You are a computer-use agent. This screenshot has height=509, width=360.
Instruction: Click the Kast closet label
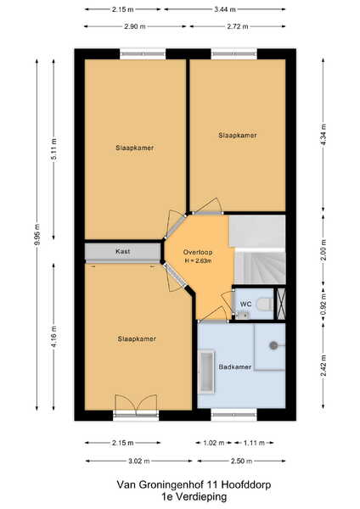[x=123, y=251]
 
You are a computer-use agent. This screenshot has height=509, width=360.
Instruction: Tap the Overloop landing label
[x=198, y=252]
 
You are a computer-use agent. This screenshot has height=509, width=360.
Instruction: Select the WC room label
[x=245, y=305]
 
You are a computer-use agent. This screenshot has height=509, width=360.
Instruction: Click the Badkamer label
[x=235, y=367]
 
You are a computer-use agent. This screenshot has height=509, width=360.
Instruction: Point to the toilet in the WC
[x=265, y=305]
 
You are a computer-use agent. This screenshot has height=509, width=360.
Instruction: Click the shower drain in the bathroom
[x=273, y=345]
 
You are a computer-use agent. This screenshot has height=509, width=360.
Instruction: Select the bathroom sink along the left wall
[x=206, y=372]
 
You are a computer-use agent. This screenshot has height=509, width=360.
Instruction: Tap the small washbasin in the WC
[x=241, y=315]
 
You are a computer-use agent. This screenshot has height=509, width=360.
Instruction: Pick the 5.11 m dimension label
[x=54, y=149]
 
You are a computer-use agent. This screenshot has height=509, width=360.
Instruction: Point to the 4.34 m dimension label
[x=323, y=135]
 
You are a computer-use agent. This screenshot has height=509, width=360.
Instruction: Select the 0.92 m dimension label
[x=323, y=305]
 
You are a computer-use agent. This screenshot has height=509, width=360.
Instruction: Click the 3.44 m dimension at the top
[x=225, y=9]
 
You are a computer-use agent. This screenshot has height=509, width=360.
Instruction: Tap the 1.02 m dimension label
[x=214, y=443]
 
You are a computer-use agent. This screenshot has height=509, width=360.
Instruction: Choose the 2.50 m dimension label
[x=241, y=461]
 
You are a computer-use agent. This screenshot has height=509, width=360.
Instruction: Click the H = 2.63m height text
[x=198, y=260]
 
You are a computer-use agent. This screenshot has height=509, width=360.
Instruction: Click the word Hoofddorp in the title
[x=246, y=485]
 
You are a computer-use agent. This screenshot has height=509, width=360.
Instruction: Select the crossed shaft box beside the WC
[x=281, y=304]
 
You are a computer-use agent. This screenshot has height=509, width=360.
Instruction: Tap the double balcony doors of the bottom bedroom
[x=137, y=405]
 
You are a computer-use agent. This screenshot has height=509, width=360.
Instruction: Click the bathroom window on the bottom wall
[x=234, y=415]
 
